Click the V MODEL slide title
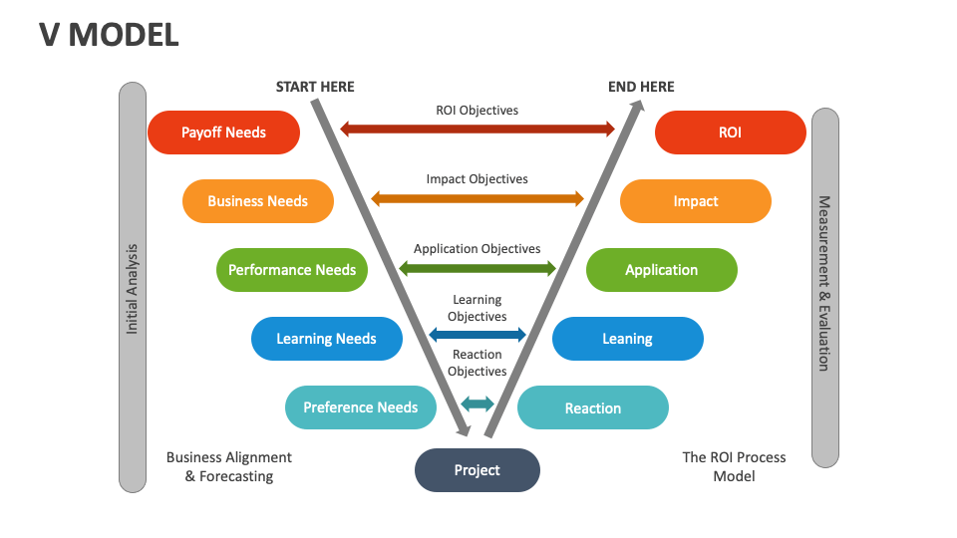(110, 35)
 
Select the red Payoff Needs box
(223, 133)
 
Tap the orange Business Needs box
(257, 201)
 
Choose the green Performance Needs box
(292, 270)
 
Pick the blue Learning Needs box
(326, 339)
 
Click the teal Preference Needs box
(361, 407)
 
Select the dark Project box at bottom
(477, 470)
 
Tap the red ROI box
(730, 133)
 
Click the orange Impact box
(695, 201)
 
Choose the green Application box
(661, 270)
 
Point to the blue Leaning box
(627, 339)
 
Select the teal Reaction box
(592, 408)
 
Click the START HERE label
(315, 87)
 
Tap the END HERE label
(641, 87)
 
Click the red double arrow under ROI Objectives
(477, 129)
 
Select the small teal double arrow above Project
(477, 403)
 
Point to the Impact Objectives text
(477, 179)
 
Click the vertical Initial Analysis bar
(133, 287)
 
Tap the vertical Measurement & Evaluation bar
(824, 287)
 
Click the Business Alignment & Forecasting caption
(229, 466)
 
